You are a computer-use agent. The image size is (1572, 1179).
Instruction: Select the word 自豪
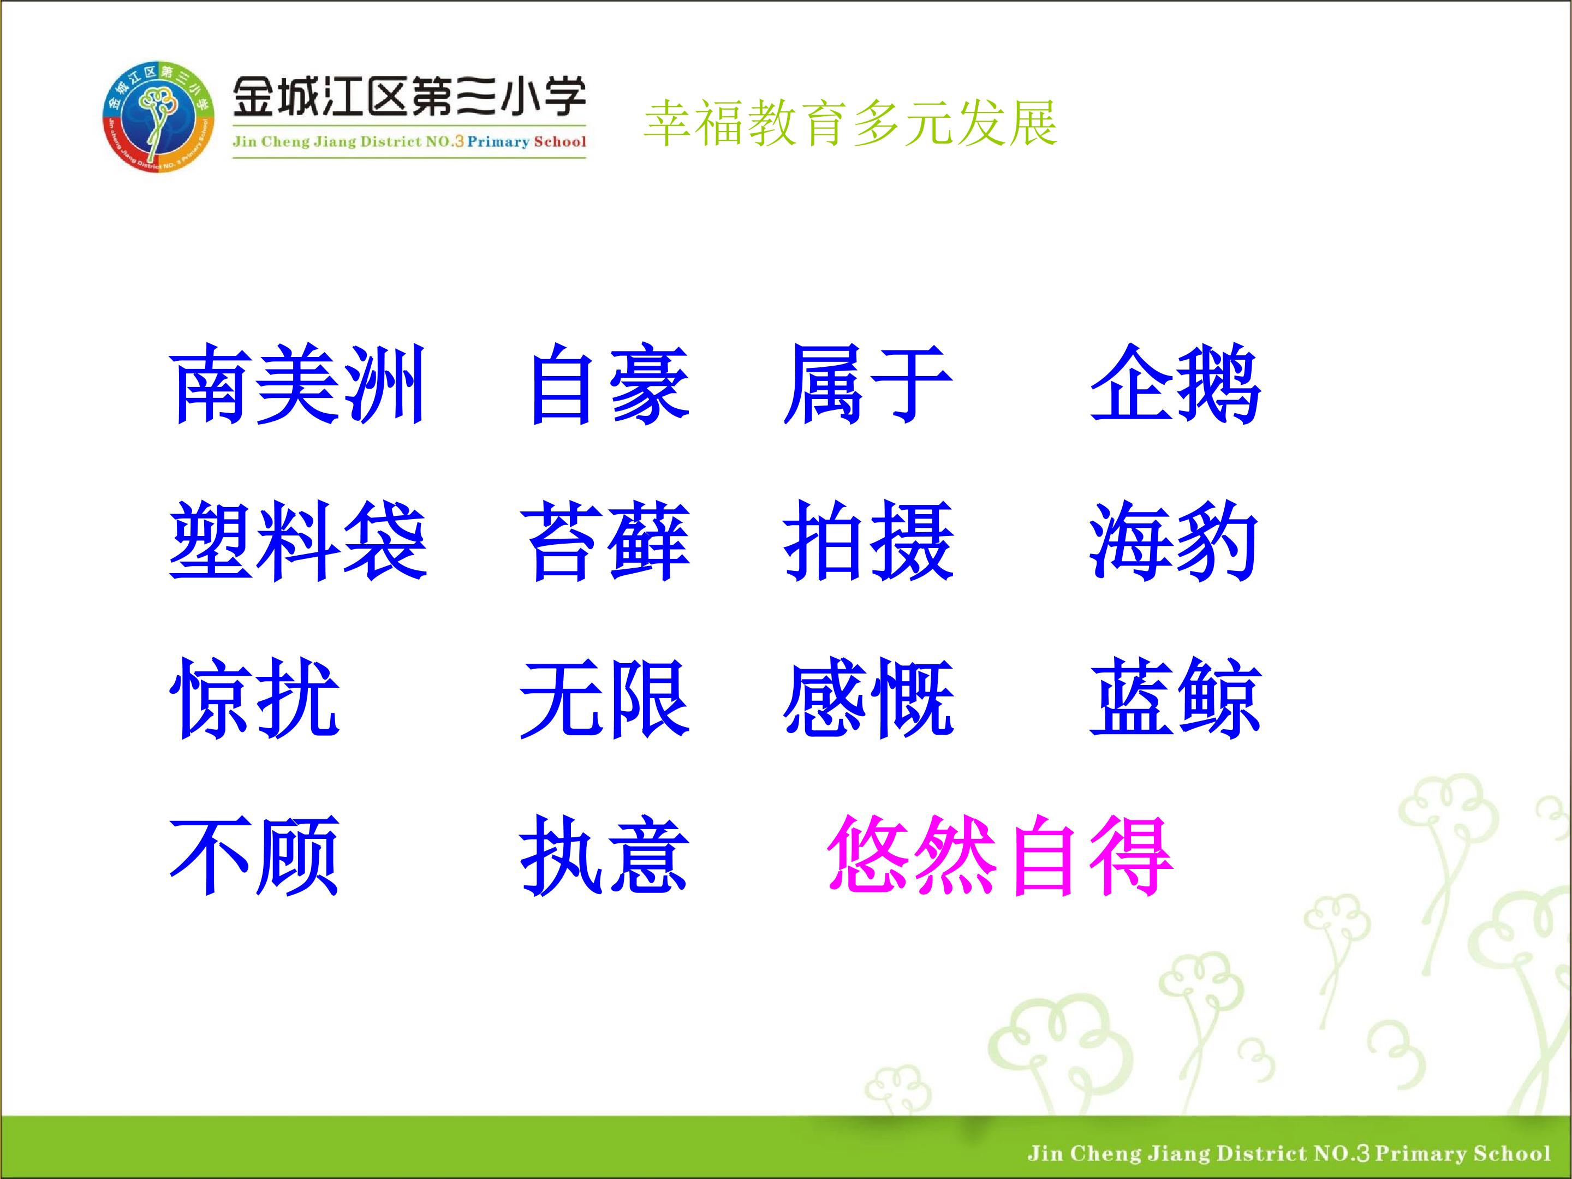610,384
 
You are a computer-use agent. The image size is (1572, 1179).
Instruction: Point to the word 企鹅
1175,384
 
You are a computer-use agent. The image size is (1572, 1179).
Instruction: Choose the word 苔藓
605,541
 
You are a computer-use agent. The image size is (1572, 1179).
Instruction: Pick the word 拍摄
868,541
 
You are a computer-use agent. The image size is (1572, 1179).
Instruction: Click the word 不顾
254,855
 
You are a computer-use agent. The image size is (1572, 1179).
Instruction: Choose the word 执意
605,855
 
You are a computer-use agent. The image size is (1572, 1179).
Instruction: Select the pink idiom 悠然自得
1000,855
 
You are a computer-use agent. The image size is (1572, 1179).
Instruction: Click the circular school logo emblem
158,117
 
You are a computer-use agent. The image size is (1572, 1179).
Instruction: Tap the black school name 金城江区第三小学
409,97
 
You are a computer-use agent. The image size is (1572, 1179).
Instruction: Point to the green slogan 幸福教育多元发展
850,123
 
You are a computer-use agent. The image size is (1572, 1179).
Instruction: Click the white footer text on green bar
1288,1153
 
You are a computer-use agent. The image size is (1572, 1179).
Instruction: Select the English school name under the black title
409,141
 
